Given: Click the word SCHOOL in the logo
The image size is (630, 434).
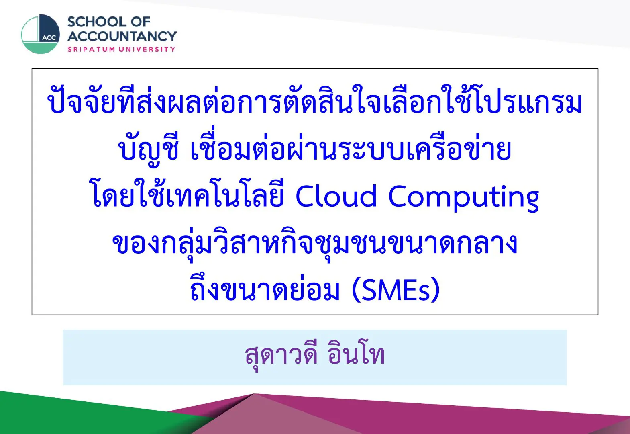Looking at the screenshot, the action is [x=97, y=22].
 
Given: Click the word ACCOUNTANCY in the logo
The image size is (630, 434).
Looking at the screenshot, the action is [x=122, y=36].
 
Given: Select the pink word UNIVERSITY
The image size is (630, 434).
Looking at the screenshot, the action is [x=147, y=49].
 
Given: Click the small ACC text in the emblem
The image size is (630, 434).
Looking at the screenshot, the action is [x=49, y=38].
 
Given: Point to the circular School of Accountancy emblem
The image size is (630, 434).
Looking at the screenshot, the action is [x=41, y=34].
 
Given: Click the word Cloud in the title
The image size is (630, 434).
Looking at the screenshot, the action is [x=336, y=196].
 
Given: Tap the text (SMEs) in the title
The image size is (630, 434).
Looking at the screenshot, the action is [x=396, y=289].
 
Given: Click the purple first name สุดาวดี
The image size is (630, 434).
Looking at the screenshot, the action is [x=281, y=355].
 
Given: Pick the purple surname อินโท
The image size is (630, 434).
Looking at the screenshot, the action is [x=356, y=354].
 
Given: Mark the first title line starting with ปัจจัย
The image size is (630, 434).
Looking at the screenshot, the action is [x=315, y=100].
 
